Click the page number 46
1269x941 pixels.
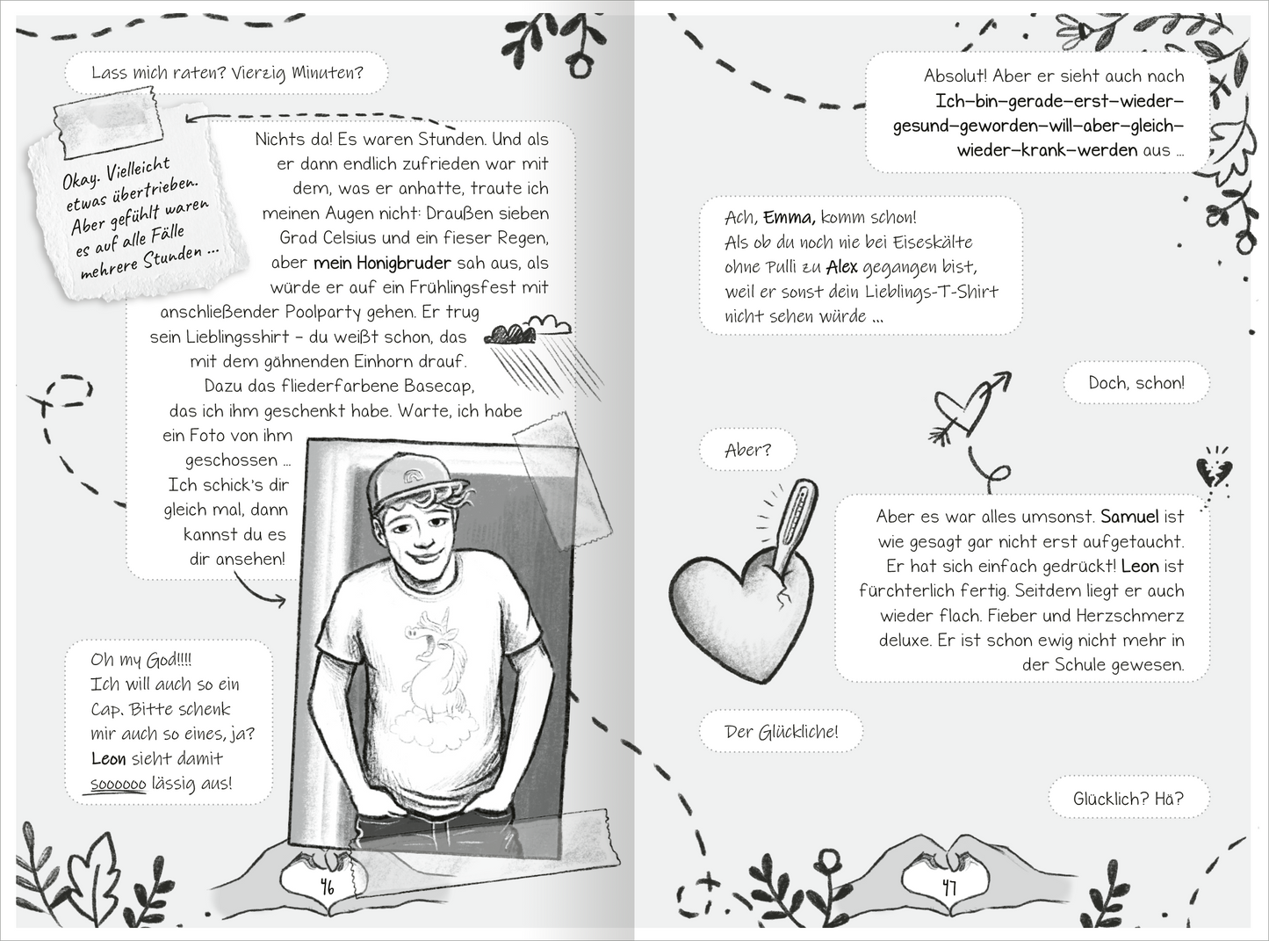coord(328,887)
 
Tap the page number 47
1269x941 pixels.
coord(948,887)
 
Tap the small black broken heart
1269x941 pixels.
coord(1215,472)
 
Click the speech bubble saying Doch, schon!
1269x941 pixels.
coord(1136,383)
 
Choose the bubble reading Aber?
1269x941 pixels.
coord(747,450)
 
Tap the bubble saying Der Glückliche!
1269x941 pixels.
coord(781,732)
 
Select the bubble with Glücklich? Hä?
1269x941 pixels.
coord(1128,799)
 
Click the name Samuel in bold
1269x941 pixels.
coord(1129,517)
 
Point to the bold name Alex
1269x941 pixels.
coord(841,267)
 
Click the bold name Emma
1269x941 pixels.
coord(789,218)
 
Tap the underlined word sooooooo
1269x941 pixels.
coord(118,784)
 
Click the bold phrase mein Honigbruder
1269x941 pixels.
coord(382,263)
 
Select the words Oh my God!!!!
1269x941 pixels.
coord(141,660)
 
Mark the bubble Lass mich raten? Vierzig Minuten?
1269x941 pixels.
coord(227,73)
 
